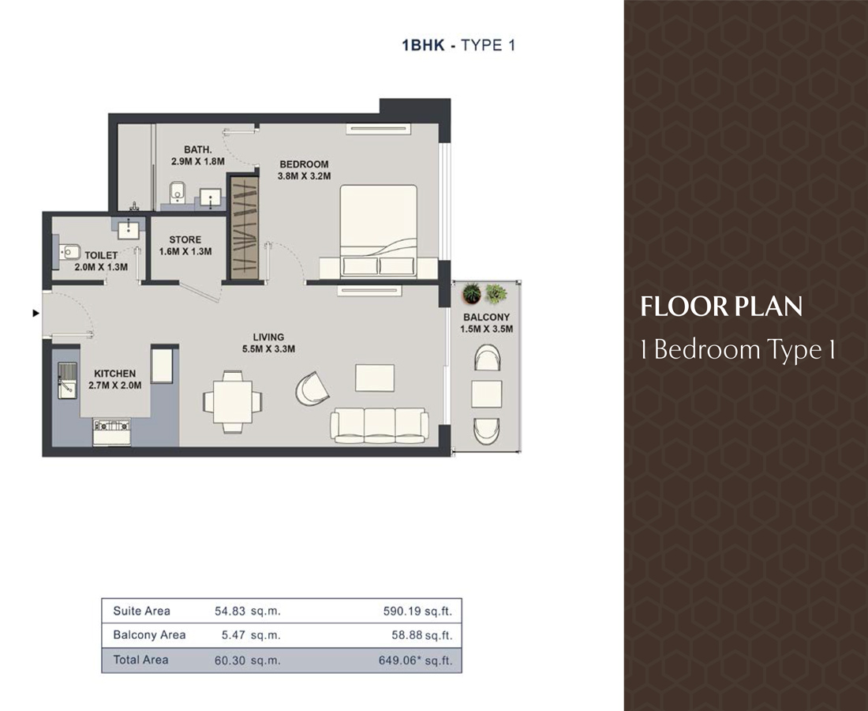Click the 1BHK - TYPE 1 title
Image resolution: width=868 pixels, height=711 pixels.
click(x=458, y=45)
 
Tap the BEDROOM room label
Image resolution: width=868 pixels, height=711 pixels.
click(x=304, y=164)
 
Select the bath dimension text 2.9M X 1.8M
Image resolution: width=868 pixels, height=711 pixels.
click(x=198, y=161)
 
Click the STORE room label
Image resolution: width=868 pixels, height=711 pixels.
click(x=185, y=239)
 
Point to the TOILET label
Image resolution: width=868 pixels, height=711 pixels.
click(x=101, y=255)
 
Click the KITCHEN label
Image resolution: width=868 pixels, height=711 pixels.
click(x=115, y=374)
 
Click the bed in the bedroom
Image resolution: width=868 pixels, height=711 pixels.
click(x=378, y=231)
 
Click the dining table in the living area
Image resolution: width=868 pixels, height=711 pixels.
click(x=232, y=401)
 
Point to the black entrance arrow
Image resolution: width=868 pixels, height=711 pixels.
click(x=35, y=314)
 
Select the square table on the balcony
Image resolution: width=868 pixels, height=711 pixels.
click(x=486, y=393)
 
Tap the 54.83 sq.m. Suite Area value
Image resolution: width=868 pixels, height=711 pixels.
click(x=248, y=611)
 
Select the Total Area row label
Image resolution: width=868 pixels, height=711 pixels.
click(x=140, y=660)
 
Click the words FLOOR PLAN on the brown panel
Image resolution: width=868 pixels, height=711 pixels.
click(x=721, y=307)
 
